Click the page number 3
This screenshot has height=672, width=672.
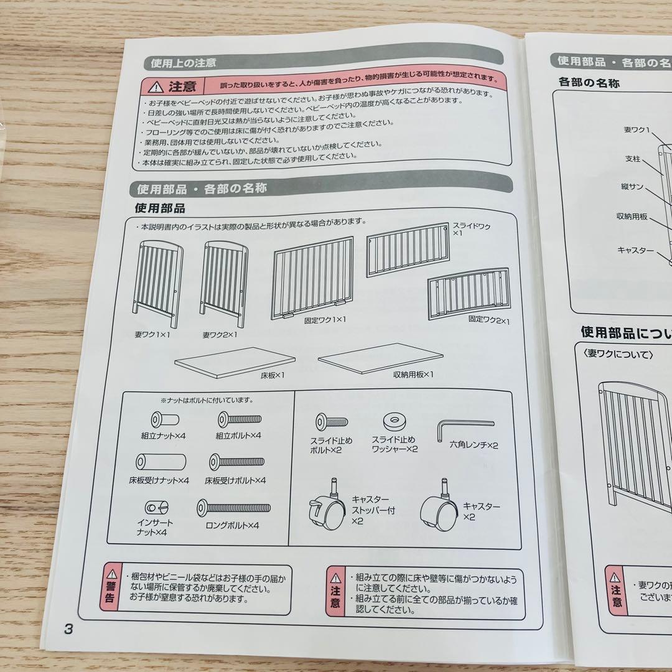[68, 629]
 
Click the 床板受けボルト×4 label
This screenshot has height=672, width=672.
[235, 480]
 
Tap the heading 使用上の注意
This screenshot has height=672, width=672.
[180, 63]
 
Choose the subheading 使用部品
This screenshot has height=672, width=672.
[160, 208]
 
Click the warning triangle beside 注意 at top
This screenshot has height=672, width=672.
[156, 86]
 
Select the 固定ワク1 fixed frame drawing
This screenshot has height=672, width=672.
[312, 277]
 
